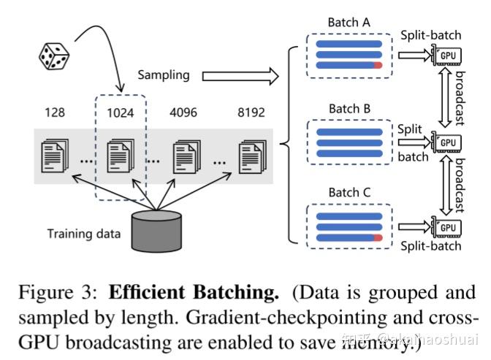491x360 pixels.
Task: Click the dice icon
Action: (55, 58)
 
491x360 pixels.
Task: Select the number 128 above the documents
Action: (54, 112)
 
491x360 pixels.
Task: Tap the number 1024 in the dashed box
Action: (121, 112)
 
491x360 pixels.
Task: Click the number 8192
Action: (251, 112)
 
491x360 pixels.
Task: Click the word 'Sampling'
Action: (164, 74)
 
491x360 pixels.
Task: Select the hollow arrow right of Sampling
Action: (240, 74)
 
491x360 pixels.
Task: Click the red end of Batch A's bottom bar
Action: (378, 65)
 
